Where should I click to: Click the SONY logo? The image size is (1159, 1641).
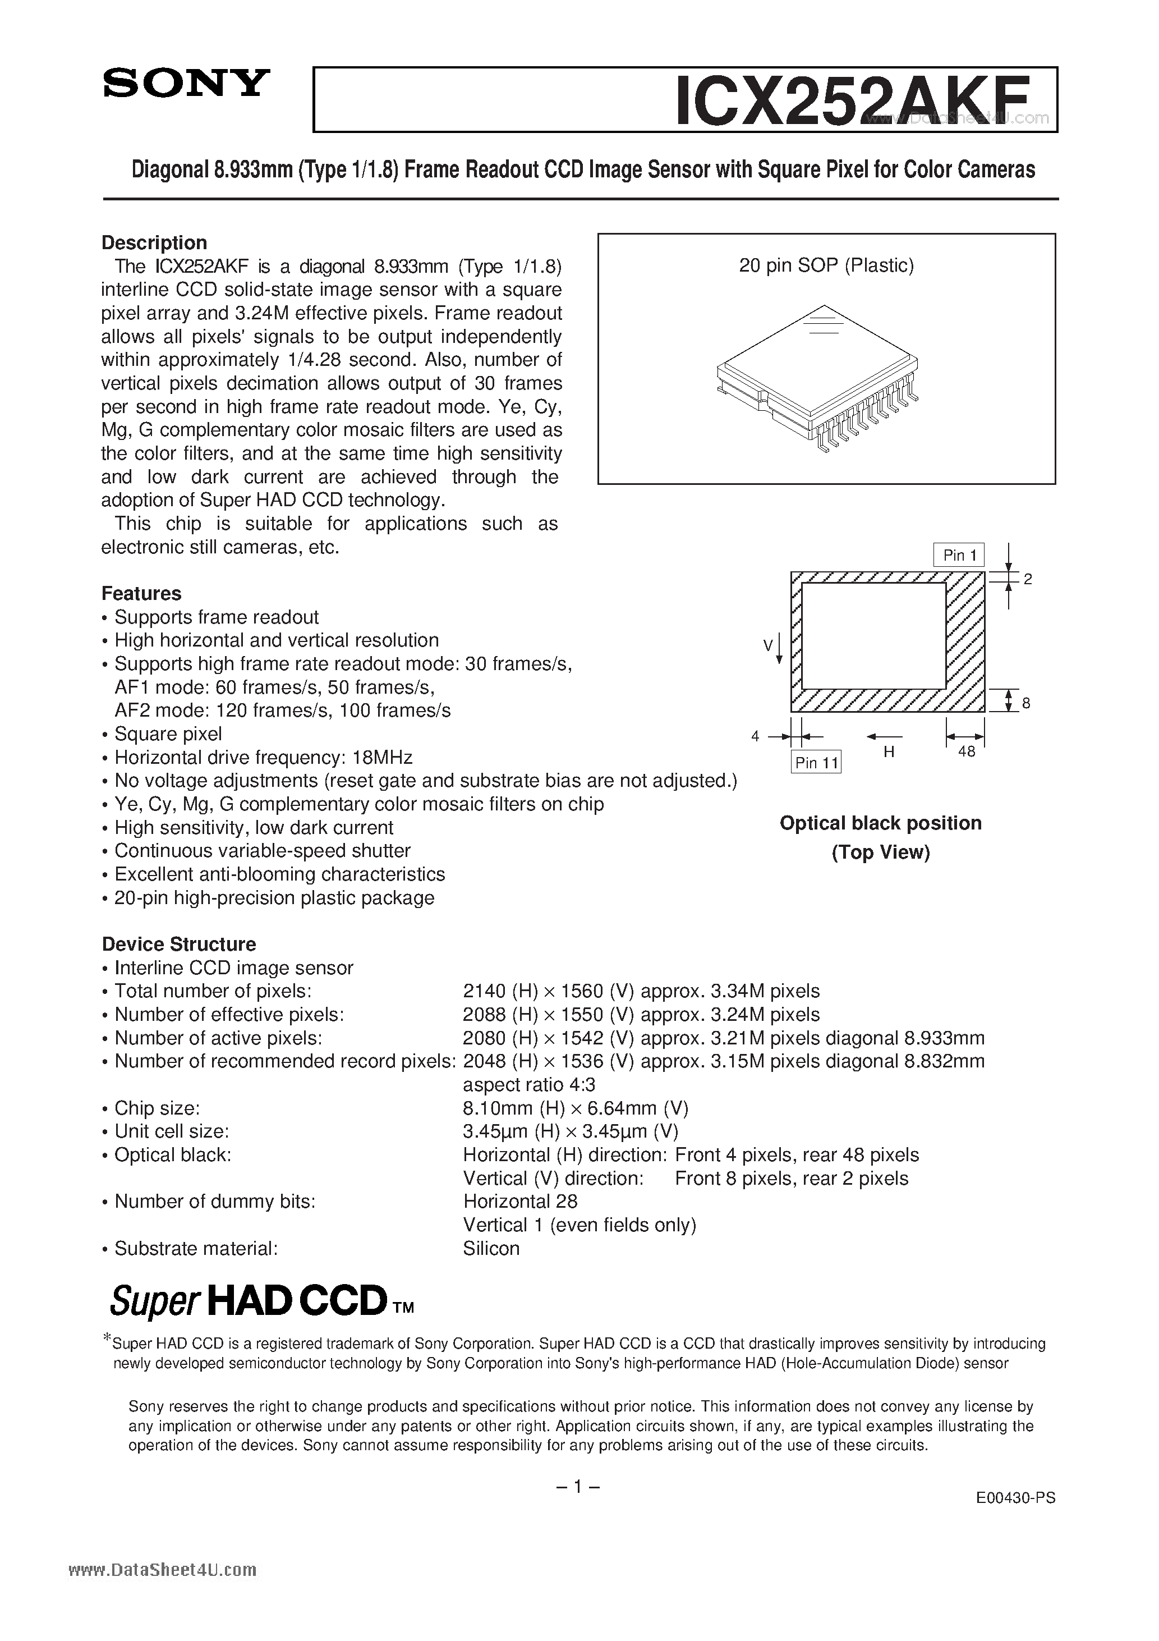[x=186, y=84]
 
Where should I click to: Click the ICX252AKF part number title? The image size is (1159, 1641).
[x=853, y=102]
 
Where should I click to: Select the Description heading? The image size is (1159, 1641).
[x=154, y=243]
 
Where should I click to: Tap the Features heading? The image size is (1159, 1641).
[x=141, y=593]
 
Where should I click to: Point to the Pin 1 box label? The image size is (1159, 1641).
[x=959, y=556]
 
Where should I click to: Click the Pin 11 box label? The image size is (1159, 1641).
[x=817, y=763]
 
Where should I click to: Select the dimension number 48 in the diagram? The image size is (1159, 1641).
[x=966, y=752]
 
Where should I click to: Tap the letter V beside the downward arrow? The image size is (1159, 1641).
[x=768, y=646]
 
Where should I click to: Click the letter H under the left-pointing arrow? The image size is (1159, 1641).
[x=889, y=752]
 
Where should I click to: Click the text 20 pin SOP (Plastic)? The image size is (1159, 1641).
[x=826, y=266]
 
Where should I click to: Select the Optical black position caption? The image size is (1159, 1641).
[x=880, y=823]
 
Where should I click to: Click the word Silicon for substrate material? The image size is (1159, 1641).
[x=491, y=1249]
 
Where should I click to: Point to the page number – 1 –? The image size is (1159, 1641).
[x=577, y=1487]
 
